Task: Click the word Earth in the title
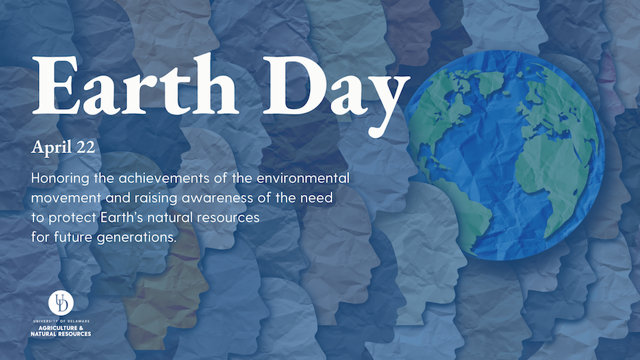134,85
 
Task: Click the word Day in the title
336,94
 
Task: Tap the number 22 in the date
85,147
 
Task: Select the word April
51,148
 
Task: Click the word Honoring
60,179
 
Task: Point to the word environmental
303,178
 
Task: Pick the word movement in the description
66,198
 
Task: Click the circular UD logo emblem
61,302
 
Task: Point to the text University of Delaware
61,321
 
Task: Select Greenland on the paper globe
490,82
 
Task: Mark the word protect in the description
73,218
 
